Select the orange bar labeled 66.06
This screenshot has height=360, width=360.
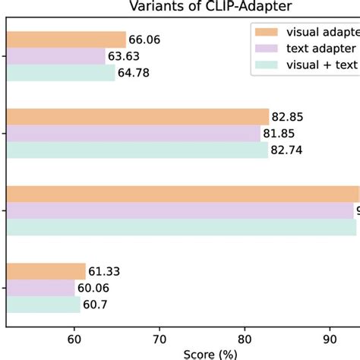66,39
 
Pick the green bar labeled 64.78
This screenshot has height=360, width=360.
61,73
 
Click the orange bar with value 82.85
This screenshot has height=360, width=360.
137,116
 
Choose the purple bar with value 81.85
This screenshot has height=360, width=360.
133,133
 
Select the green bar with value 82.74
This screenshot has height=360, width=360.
137,150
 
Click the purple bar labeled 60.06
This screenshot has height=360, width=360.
41,288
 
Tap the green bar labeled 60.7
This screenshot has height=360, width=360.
43,305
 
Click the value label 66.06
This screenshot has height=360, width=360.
145,39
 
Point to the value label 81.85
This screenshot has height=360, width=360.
279,134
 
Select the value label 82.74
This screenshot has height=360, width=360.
288,150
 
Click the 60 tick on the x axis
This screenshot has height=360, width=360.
74,338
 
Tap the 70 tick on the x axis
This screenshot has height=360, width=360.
159,338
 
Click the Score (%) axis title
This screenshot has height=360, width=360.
210,353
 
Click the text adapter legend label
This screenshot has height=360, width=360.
318,49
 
